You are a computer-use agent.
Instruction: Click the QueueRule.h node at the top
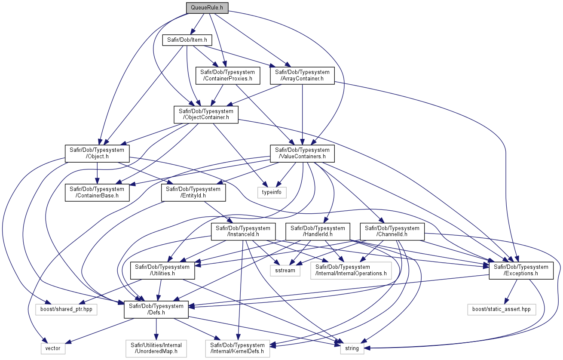[207, 8]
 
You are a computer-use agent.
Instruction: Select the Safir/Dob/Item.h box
[187, 40]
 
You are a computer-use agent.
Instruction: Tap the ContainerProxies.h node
[228, 75]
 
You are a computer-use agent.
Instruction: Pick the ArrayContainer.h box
[302, 75]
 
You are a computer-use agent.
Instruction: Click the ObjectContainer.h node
[206, 114]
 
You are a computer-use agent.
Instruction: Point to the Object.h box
[97, 154]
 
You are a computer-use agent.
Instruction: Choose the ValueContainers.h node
[302, 154]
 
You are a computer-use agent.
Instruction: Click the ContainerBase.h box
[97, 192]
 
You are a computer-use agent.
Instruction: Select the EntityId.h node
[193, 192]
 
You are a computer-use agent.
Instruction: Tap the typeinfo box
[272, 192]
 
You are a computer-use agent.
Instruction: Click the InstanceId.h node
[243, 231]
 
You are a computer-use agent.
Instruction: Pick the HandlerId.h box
[318, 231]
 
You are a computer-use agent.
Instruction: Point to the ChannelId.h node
[392, 231]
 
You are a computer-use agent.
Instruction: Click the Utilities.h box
[162, 271]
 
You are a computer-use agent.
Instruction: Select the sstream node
[285, 271]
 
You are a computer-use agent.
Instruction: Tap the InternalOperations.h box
[351, 271]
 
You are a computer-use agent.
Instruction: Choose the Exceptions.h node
[521, 271]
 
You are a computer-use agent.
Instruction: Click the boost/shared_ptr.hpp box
[66, 309]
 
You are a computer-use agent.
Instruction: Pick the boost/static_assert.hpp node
[502, 309]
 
